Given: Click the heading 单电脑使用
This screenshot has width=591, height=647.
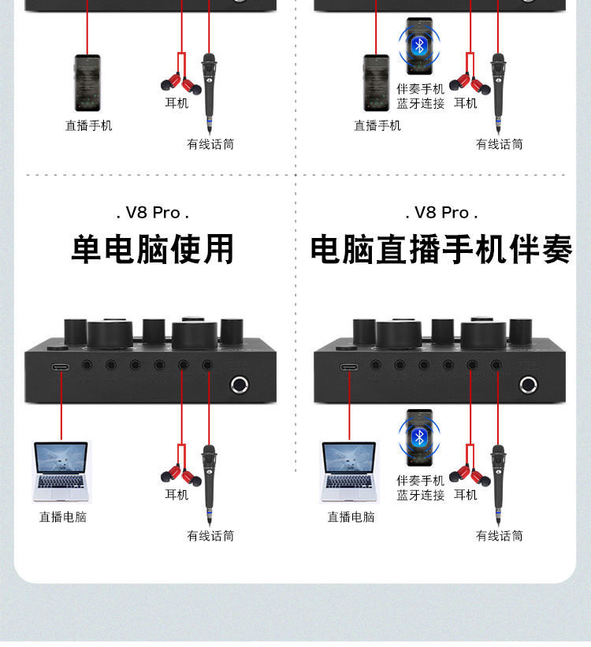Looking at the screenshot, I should pyautogui.click(x=153, y=249).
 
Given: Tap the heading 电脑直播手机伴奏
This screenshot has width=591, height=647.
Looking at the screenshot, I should pyautogui.click(x=441, y=249).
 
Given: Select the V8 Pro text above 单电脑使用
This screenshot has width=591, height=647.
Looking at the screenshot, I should pyautogui.click(x=153, y=213).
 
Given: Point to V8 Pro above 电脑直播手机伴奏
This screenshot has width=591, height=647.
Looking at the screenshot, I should pyautogui.click(x=441, y=213).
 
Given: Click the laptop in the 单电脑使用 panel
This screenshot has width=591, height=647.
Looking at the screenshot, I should pyautogui.click(x=61, y=471).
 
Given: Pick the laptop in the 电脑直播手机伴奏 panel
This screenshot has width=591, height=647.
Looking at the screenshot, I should pyautogui.click(x=350, y=471).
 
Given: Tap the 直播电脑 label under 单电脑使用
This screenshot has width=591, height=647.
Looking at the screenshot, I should pyautogui.click(x=63, y=517).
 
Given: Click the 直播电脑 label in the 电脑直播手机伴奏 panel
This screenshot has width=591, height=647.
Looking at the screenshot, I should pyautogui.click(x=351, y=517).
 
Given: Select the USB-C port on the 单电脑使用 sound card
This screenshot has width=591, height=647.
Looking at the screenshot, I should pyautogui.click(x=61, y=366).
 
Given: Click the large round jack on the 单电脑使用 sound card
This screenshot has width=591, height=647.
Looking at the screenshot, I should pyautogui.click(x=240, y=385).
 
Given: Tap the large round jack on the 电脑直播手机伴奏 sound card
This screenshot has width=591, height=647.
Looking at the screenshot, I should pyautogui.click(x=528, y=385).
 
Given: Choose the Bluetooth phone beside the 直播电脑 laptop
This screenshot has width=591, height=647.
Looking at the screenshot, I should pyautogui.click(x=420, y=438).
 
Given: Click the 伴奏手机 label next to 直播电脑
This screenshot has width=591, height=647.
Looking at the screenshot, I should pyautogui.click(x=421, y=480).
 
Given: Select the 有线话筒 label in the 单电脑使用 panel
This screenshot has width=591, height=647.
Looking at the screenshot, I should pyautogui.click(x=210, y=536).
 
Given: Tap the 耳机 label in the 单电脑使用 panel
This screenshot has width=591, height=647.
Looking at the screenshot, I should pyautogui.click(x=177, y=495).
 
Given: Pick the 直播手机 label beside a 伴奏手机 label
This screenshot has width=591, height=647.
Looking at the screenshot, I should pyautogui.click(x=377, y=125).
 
